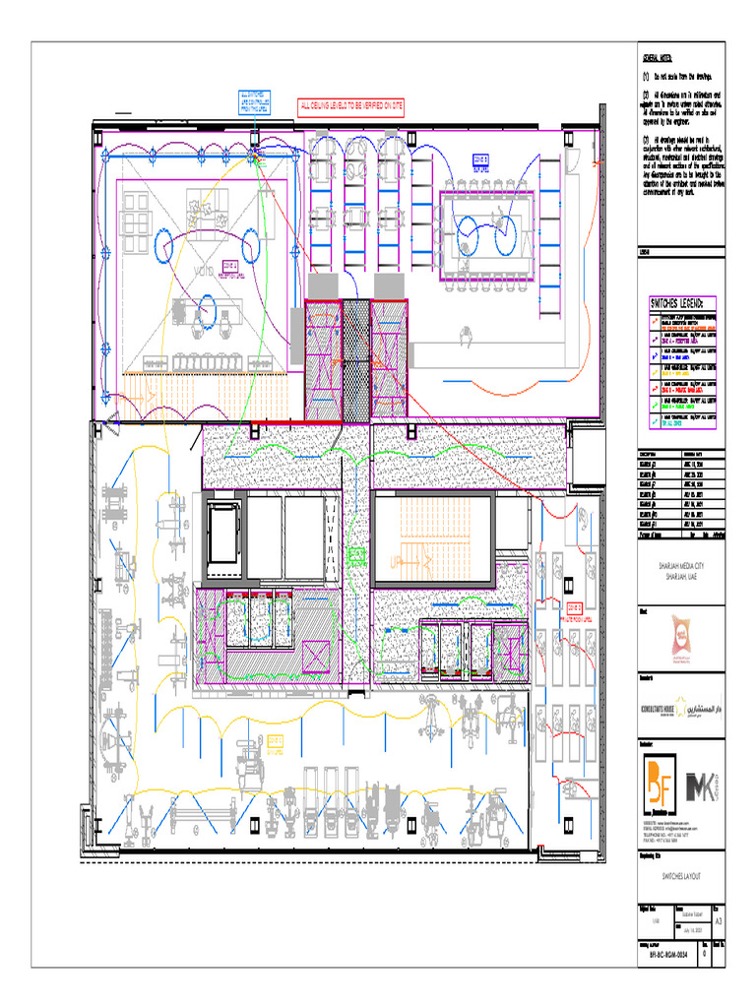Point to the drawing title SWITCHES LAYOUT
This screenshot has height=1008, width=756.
680,873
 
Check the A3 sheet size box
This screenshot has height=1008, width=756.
718,921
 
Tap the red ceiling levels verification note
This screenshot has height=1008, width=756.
351,105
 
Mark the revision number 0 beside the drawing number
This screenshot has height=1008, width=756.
703,954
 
